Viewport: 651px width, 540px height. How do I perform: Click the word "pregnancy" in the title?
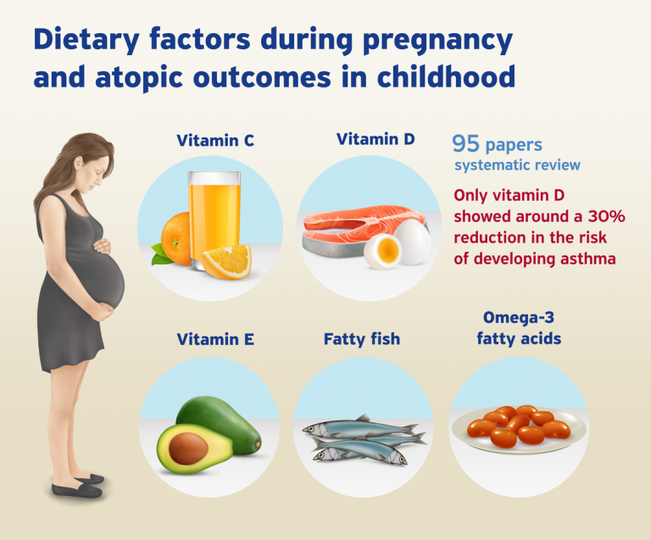point(437,41)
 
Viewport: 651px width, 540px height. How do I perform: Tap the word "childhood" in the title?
point(446,76)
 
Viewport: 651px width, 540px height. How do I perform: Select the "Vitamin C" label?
point(215,140)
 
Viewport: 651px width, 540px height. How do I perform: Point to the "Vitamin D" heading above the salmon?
point(376,139)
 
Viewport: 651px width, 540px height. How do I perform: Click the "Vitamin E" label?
point(215,339)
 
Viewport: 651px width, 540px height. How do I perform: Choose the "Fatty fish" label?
point(362,339)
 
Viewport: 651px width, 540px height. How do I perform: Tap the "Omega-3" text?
point(519,317)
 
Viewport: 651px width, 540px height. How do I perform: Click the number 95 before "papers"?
point(465,143)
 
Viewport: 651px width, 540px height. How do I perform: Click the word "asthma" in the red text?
point(588,259)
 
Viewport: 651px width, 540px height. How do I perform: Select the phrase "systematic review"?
point(517,165)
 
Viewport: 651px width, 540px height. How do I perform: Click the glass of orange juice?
point(214,220)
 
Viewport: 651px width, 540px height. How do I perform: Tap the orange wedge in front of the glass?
point(227,261)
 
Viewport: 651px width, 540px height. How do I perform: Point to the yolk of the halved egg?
point(387,250)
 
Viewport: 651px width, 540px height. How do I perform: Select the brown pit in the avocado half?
point(188,449)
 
